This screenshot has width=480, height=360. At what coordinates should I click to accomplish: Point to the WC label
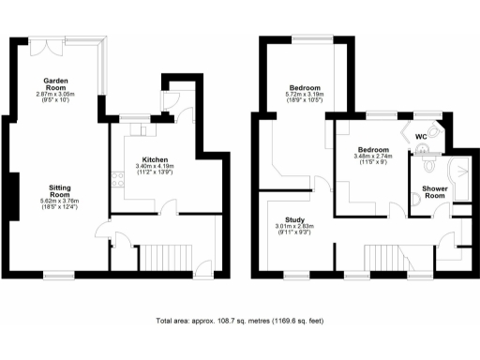(x=423, y=135)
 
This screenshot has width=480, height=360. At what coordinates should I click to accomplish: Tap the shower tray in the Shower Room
(x=461, y=172)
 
